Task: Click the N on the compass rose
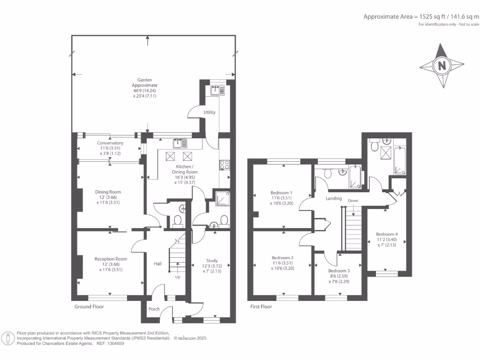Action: (x=442, y=66)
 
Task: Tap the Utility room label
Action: (x=209, y=112)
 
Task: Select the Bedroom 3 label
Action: (x=338, y=271)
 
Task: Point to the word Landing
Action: (x=334, y=198)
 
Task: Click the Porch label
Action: (x=154, y=309)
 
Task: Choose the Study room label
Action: (x=212, y=261)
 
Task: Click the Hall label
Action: (x=157, y=264)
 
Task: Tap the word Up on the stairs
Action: (x=177, y=277)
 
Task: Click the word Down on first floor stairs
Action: (x=353, y=201)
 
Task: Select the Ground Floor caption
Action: (x=89, y=307)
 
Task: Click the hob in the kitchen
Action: (x=224, y=165)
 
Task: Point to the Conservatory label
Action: (x=110, y=143)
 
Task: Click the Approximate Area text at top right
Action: (x=421, y=16)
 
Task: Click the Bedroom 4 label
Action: (x=387, y=234)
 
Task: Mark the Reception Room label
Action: (x=111, y=259)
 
